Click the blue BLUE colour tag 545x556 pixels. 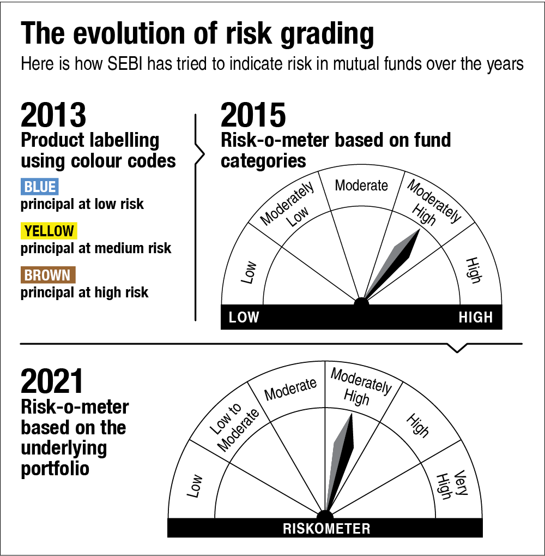coord(40,187)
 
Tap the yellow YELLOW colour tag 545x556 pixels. coord(49,231)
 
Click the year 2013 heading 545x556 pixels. coord(53,115)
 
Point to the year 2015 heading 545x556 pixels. coord(253,115)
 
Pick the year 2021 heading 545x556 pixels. coord(52,381)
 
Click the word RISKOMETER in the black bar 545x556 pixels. coord(326,529)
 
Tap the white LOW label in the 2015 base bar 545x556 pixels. coord(244,318)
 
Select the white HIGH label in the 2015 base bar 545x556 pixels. coord(475,318)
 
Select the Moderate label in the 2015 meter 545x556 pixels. coord(361,186)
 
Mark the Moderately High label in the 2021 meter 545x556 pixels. coord(360,387)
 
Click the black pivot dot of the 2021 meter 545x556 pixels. coord(325,517)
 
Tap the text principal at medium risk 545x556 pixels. coord(96,249)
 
